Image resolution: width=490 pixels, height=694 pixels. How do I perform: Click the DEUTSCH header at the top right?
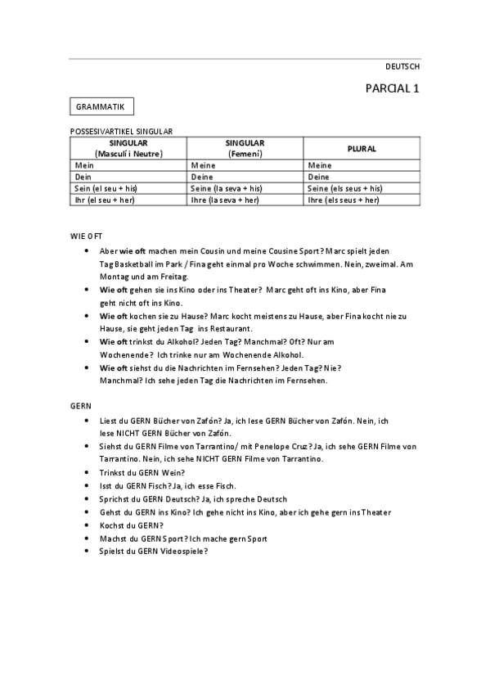402,67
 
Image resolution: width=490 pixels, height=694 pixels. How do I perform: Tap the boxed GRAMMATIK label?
101,107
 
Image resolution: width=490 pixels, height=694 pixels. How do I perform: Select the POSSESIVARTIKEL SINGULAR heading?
122,131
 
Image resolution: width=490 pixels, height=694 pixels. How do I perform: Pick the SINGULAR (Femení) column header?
245,148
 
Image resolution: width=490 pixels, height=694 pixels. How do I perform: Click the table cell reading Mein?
85,164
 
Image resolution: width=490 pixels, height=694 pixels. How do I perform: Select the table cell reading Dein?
85,176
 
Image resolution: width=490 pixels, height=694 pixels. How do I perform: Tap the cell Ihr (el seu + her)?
106,200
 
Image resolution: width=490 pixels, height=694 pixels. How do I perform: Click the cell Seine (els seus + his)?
344,188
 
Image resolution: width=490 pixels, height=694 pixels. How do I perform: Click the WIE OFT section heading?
85,236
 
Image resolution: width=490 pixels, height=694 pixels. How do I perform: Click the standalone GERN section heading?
80,405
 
